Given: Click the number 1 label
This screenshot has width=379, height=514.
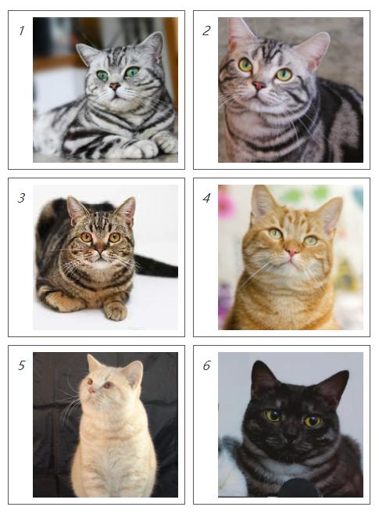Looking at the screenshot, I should [x=22, y=31].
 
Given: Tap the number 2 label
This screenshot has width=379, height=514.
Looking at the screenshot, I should [x=206, y=31].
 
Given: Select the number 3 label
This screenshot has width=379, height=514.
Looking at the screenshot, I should [x=22, y=198].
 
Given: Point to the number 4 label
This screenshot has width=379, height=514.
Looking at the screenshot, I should [x=206, y=198].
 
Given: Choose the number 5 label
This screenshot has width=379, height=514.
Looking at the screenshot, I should [x=22, y=365].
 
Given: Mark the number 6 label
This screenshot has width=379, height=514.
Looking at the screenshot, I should [x=206, y=365].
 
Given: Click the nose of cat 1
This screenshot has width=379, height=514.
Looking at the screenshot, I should [x=115, y=85].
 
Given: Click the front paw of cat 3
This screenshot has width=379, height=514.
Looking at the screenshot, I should [x=116, y=311].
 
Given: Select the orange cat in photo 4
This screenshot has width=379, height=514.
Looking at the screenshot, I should [x=289, y=266].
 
